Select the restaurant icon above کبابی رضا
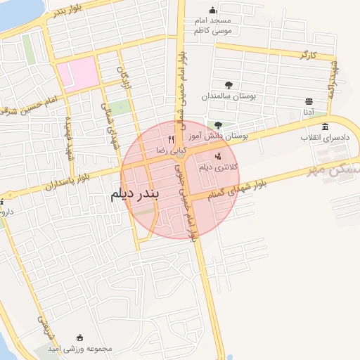pos(171,140)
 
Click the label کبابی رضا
pos(172,150)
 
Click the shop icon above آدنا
pos(309,101)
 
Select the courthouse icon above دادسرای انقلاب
pos(325,127)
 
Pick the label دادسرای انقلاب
pos(324,137)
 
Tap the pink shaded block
pos(77,74)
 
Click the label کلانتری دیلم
pos(220,167)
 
